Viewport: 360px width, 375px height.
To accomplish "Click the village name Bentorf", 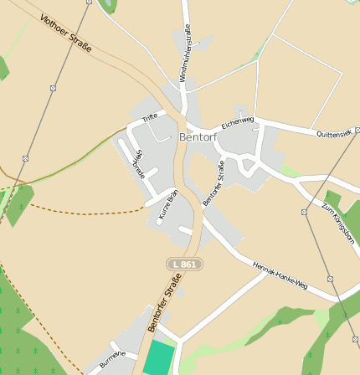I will pyautogui.click(x=198, y=136).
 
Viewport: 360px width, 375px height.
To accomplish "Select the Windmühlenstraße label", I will pyautogui.click(x=185, y=53).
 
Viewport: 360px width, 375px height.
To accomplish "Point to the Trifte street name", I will pyautogui.click(x=150, y=118).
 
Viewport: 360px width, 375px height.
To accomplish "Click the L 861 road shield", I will pyautogui.click(x=185, y=265).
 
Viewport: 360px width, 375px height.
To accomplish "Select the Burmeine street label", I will pyautogui.click(x=112, y=360).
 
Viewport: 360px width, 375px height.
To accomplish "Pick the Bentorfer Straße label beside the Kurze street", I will pyautogui.click(x=214, y=182).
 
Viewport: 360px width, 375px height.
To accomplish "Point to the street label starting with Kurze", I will pyautogui.click(x=168, y=206).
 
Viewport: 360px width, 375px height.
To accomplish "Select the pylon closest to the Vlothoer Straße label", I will pyautogui.click(x=53, y=87).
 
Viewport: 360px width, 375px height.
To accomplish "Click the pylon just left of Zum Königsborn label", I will pyautogui.click(x=304, y=212).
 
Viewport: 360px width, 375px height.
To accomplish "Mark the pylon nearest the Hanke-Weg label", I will pyautogui.click(x=331, y=280).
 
